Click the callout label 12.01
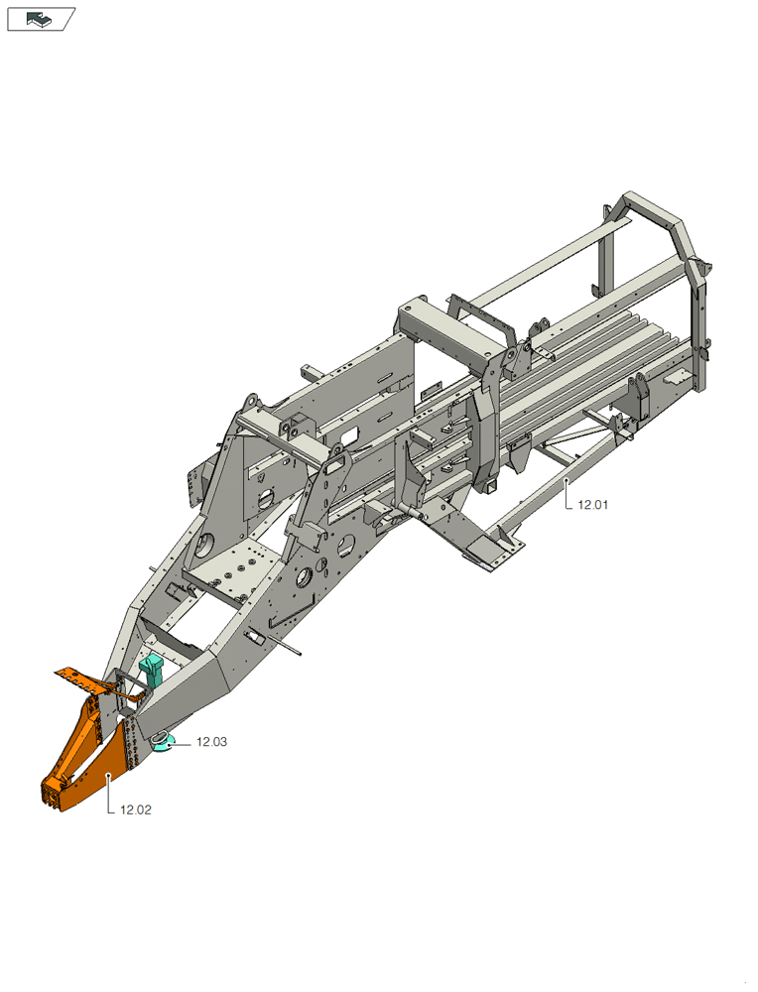pos(593,505)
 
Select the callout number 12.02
pos(135,809)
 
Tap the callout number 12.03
pos(211,741)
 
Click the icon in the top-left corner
pos(41,19)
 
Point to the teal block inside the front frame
pos(151,671)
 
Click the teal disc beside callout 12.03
pos(164,742)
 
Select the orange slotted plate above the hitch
pos(81,680)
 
